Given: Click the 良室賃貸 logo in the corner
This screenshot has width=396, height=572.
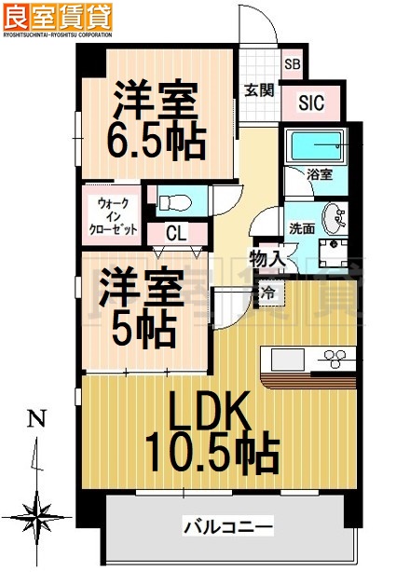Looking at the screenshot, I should click(x=57, y=16).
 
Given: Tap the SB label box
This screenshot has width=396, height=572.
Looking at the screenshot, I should click(x=292, y=64).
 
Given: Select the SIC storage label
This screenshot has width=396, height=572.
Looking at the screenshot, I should click(x=310, y=103).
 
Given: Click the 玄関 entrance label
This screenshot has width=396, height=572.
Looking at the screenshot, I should click(x=258, y=90).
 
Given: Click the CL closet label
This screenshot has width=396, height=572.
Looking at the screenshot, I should click(x=176, y=233).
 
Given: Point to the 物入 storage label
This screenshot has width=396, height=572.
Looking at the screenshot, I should click(x=266, y=259).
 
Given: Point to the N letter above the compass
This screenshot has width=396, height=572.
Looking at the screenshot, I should click(x=35, y=418).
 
